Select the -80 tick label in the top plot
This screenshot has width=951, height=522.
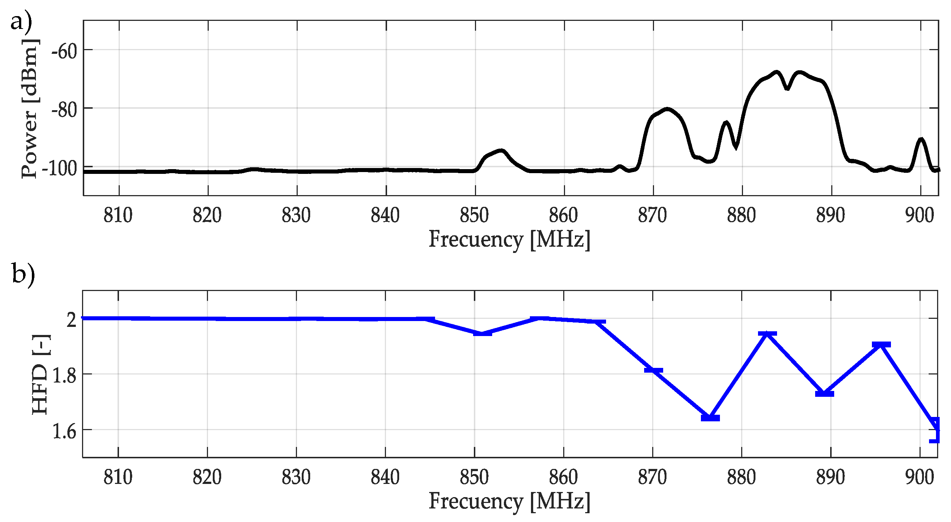coord(64,110)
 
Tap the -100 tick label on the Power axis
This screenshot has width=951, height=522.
coord(59,169)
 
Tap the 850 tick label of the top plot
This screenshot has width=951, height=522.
coord(474,215)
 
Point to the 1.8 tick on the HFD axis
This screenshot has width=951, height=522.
coord(64,376)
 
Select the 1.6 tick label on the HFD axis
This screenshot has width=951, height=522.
coord(64,432)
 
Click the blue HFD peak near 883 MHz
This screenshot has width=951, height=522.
coord(767,334)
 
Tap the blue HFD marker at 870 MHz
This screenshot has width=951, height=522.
coord(653,370)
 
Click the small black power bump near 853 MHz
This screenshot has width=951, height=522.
coord(501,150)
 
